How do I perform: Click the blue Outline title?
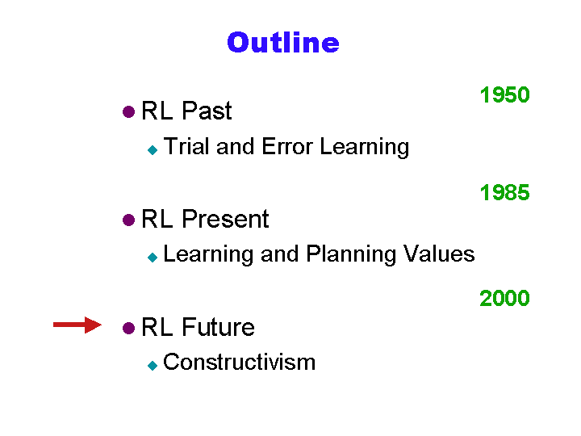click(283, 42)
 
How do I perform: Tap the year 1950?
click(504, 95)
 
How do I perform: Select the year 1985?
click(504, 193)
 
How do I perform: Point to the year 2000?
click(504, 298)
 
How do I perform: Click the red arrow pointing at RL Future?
click(77, 325)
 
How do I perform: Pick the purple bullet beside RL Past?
click(128, 111)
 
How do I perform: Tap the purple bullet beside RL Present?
click(128, 220)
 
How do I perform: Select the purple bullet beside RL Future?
click(128, 328)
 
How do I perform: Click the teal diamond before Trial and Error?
click(153, 150)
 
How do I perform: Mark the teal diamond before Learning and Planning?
click(153, 257)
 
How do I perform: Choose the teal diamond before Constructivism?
click(153, 366)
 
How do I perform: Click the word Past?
click(207, 111)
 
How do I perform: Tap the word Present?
click(225, 219)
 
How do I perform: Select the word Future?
click(218, 327)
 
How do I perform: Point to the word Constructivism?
click(240, 362)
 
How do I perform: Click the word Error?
click(287, 146)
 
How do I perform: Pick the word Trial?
click(186, 146)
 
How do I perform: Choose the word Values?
click(439, 254)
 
